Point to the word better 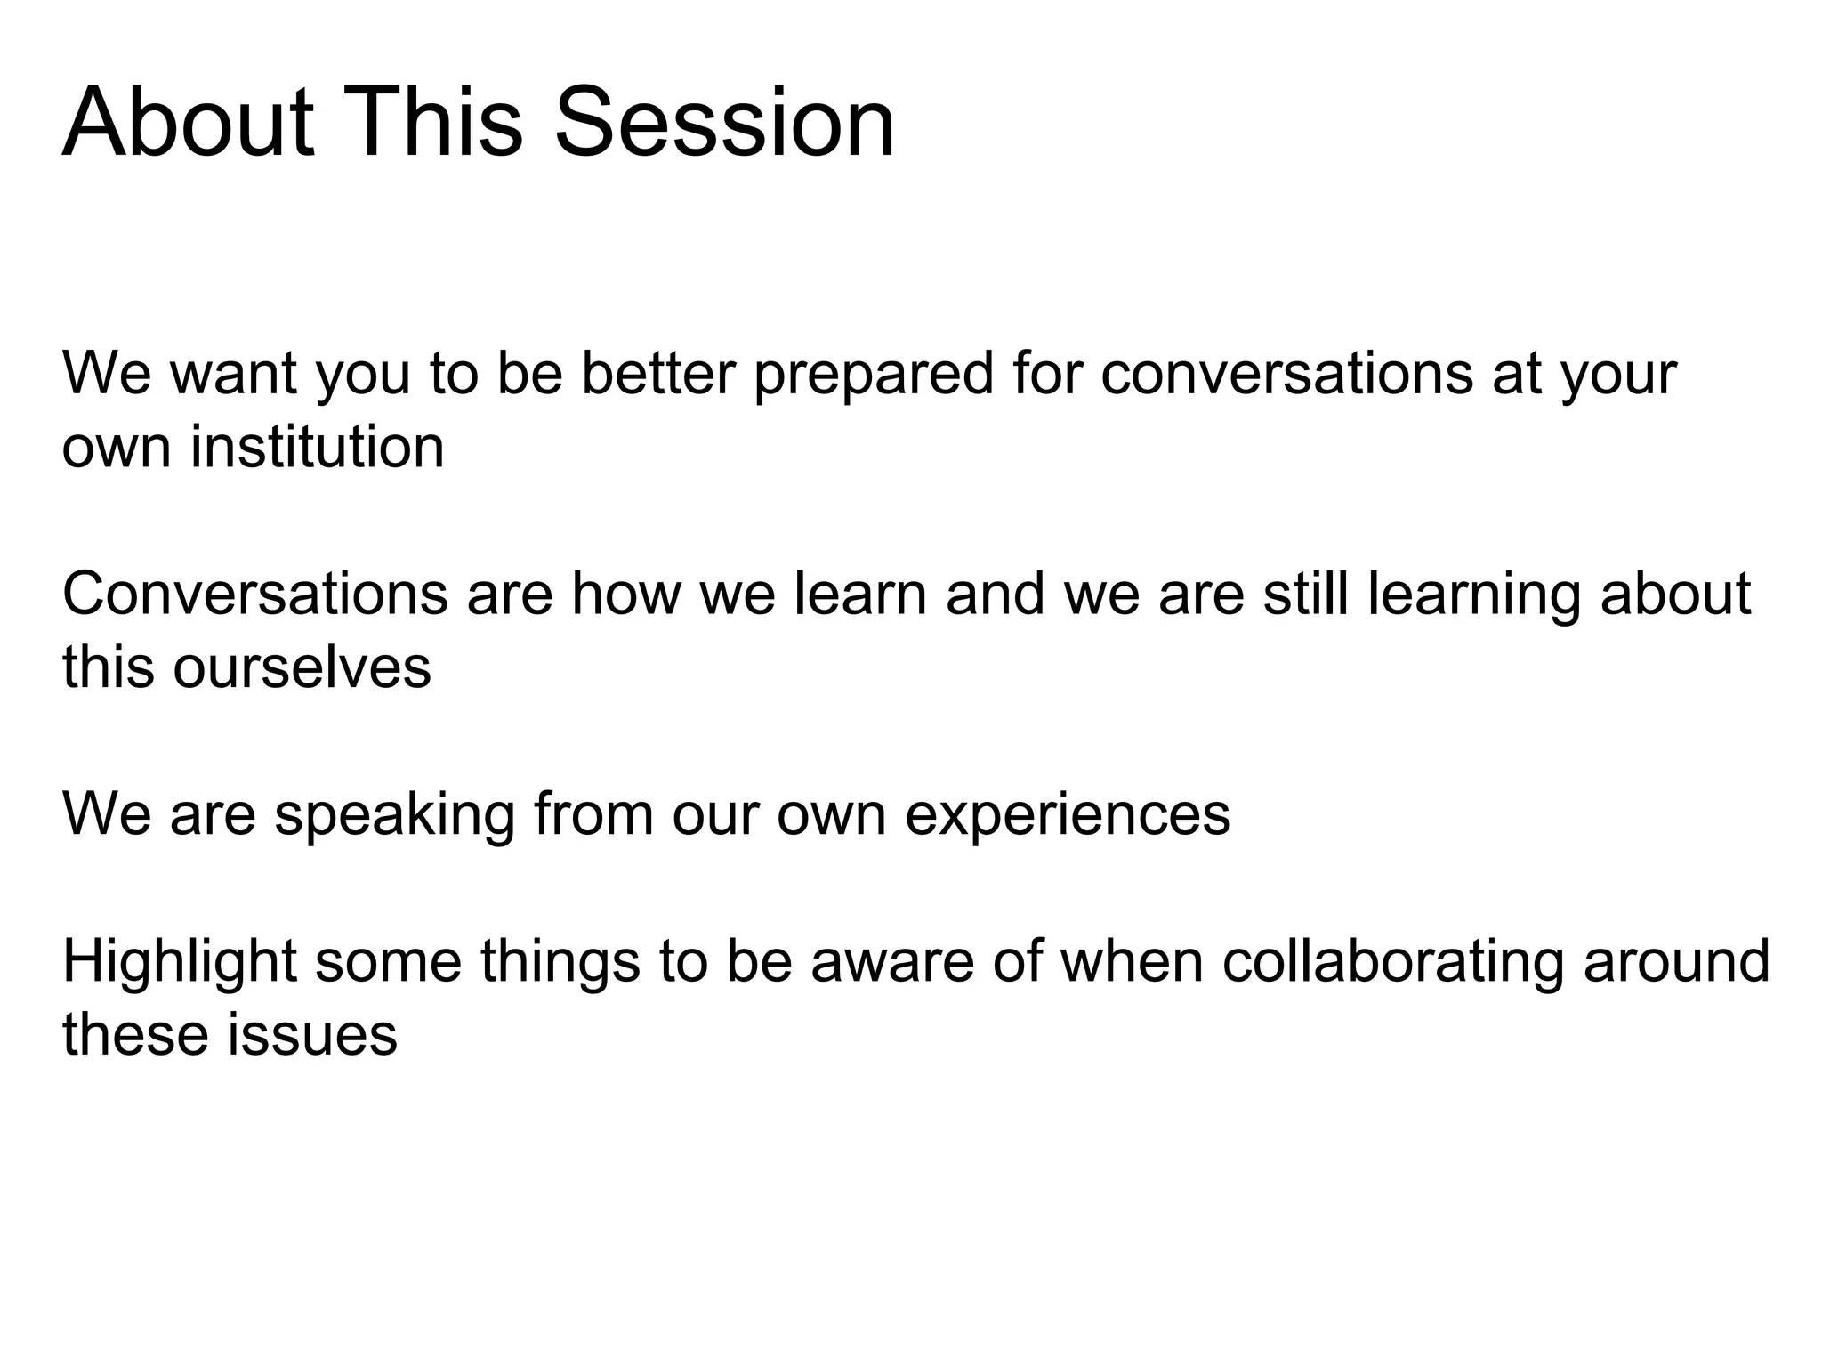[x=659, y=373]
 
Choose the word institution [x=317, y=447]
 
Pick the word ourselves [x=302, y=667]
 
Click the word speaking [x=394, y=815]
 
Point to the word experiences [x=1068, y=815]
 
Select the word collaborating [x=1392, y=962]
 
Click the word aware [x=892, y=962]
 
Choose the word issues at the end [x=312, y=1035]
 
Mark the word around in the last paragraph [x=1676, y=962]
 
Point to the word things [x=560, y=962]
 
